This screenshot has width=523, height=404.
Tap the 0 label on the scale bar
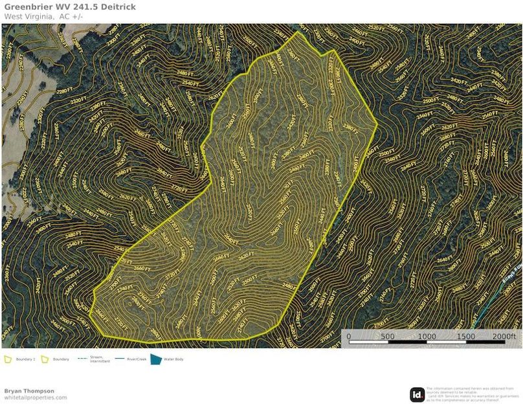tap(349, 337)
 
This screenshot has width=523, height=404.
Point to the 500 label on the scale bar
tap(387, 337)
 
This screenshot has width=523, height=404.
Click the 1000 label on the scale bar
tap(427, 337)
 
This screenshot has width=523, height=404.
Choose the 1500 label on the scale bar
tap(466, 337)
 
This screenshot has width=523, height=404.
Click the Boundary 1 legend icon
tap(8, 359)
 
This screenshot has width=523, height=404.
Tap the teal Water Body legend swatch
tap(155, 359)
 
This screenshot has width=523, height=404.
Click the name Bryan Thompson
tap(29, 391)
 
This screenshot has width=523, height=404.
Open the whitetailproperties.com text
tap(36, 398)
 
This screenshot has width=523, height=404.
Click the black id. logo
tap(417, 394)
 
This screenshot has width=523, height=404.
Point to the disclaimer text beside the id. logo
tap(473, 394)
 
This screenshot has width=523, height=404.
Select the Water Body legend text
tap(173, 359)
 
